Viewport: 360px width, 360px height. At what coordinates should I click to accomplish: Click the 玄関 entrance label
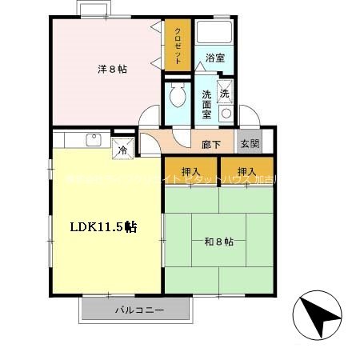tap(249, 144)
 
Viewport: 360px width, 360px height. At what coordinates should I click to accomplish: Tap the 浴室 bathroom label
tap(214, 58)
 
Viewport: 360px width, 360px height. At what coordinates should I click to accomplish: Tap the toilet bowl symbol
tap(177, 98)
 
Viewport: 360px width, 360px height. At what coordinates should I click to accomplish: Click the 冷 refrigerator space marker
tap(123, 149)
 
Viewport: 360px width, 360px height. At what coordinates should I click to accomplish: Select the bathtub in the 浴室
tap(214, 34)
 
